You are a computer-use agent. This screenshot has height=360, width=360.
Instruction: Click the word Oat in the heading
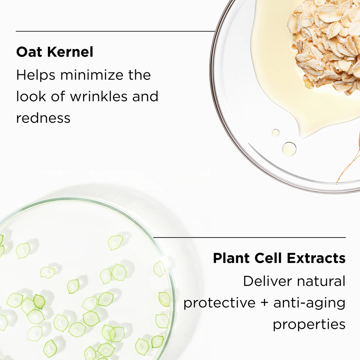(x=29, y=52)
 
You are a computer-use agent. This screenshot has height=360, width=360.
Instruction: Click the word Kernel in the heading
(x=70, y=52)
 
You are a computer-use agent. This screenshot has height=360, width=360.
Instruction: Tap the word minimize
(x=92, y=75)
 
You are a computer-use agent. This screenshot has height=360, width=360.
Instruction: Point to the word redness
(x=43, y=118)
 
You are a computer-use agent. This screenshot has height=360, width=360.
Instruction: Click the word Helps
(x=36, y=75)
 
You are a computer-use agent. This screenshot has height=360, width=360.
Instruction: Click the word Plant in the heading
(x=231, y=258)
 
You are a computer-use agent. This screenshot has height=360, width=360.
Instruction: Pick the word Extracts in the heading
(x=316, y=258)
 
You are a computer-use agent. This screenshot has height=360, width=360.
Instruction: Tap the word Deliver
(x=267, y=281)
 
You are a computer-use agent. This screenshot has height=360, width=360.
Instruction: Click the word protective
(x=219, y=303)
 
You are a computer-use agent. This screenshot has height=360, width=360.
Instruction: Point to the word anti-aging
(x=309, y=303)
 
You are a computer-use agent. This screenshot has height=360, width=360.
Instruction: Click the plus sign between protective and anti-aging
(x=264, y=303)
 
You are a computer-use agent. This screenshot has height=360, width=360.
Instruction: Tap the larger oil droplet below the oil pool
(x=289, y=149)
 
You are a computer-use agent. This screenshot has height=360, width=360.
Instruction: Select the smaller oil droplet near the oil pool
(x=275, y=133)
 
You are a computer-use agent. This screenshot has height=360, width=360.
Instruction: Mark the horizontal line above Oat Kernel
(x=115, y=31)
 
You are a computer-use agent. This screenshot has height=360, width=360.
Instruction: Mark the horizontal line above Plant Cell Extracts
(x=249, y=237)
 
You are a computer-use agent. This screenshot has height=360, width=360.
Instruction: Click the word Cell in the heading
(x=268, y=258)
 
